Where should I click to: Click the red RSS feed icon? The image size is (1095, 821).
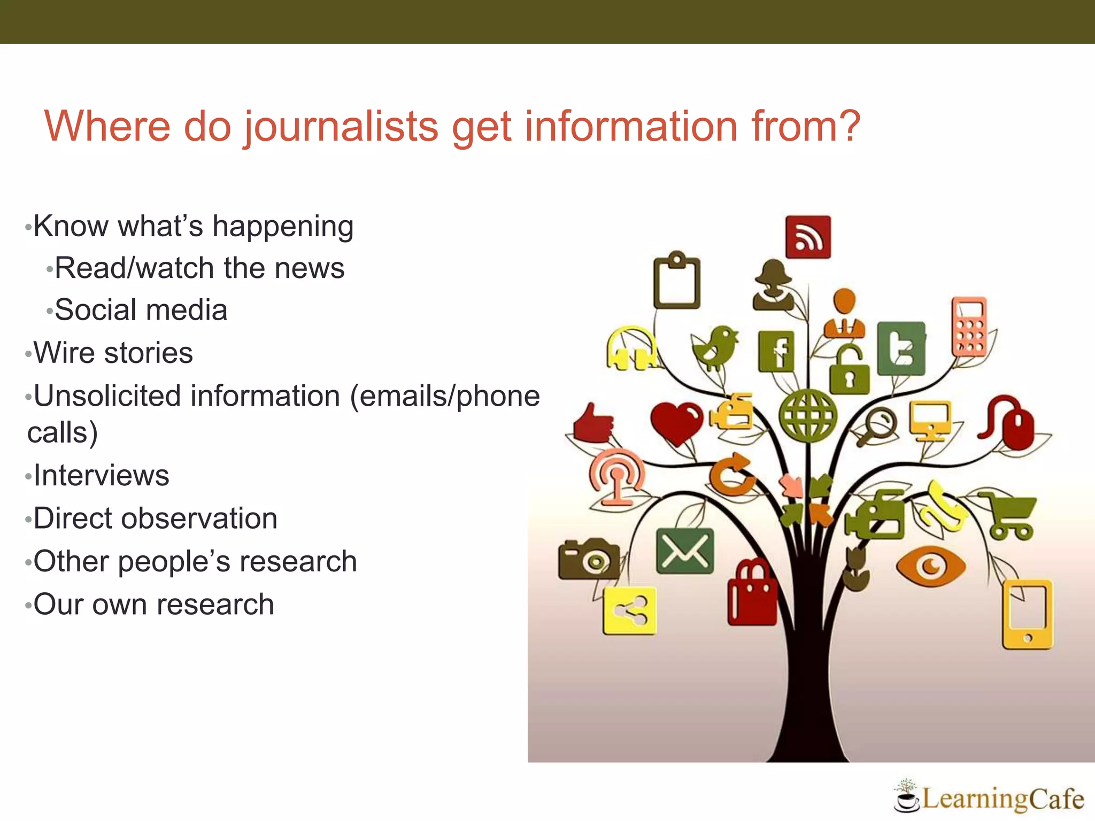pos(808,237)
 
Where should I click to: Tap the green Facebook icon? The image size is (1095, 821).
pos(776,351)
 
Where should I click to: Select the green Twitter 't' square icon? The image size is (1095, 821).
pos(901,348)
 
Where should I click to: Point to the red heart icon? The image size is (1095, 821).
pos(677,422)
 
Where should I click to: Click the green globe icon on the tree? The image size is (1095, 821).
pos(808,416)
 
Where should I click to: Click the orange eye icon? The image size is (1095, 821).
pos(931,566)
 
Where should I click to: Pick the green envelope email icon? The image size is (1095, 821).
pos(684,551)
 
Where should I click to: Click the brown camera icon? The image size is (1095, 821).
pos(589,559)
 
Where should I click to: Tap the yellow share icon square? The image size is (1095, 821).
pos(630,611)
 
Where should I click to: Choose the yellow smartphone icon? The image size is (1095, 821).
pos(1027,614)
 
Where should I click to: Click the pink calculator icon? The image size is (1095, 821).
pos(969,327)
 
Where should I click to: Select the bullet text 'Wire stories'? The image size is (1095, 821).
pos(113,353)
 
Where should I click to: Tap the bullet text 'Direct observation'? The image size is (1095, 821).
pos(155,518)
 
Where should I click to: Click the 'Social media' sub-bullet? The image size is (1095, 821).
pos(141,310)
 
